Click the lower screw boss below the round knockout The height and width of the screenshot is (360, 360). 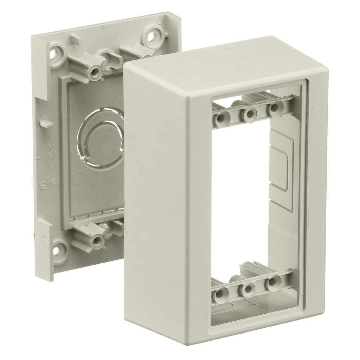click(x=95, y=241)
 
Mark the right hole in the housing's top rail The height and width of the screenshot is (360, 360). click(x=275, y=108)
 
